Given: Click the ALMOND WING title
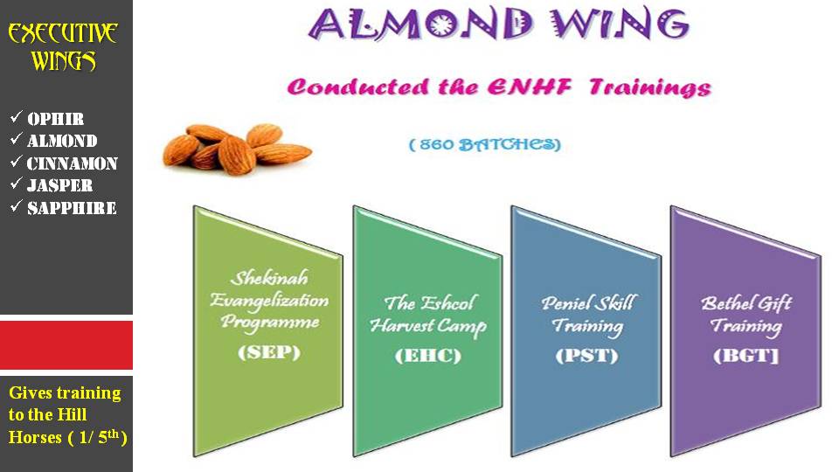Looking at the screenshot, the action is [x=499, y=24].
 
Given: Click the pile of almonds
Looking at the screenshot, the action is [x=237, y=149].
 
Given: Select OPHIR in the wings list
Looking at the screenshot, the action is [x=56, y=119].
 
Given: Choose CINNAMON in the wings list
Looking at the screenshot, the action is [x=73, y=163].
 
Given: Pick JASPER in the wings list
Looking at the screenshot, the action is [x=60, y=185].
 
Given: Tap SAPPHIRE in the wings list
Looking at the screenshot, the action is [x=72, y=208].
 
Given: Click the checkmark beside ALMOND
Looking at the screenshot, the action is [x=16, y=139].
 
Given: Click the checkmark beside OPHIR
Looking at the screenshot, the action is [x=16, y=116].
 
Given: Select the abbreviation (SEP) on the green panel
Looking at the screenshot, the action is [x=269, y=352].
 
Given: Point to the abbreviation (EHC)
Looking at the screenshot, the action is [x=428, y=356].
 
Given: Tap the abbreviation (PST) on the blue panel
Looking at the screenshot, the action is [x=587, y=356].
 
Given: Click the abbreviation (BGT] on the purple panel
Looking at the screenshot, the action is [x=745, y=356].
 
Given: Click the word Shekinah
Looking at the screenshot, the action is [x=269, y=278].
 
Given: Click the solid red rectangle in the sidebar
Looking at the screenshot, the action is [x=66, y=344].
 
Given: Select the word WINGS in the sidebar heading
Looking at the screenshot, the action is [x=64, y=60].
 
